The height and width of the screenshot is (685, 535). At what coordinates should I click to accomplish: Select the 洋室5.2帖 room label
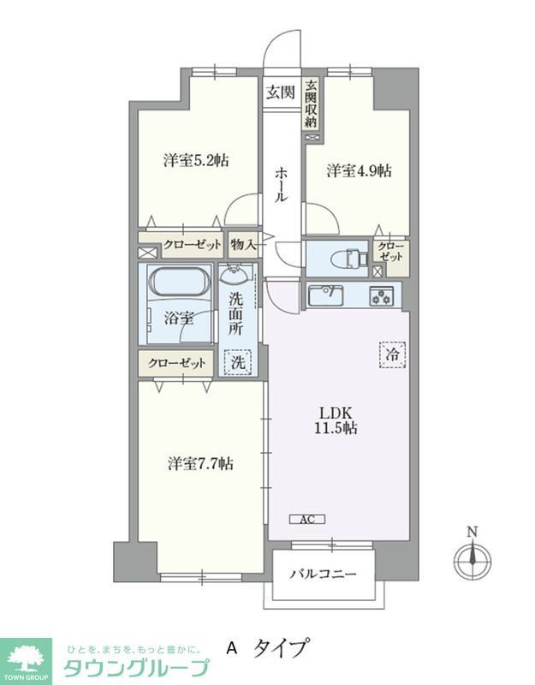coord(196,160)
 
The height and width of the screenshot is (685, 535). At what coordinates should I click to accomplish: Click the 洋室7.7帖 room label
coord(199,463)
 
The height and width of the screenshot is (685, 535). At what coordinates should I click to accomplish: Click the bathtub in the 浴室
coord(179,283)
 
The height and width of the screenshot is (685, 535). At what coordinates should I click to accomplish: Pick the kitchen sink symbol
coord(326,295)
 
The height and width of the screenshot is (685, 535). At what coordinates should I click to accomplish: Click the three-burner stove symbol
coord(379,296)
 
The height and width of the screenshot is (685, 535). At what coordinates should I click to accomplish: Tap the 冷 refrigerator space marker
coord(389,352)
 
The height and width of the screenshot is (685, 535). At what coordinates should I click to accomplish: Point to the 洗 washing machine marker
coord(239,362)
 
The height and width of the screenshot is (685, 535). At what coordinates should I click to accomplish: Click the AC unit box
coord(306,518)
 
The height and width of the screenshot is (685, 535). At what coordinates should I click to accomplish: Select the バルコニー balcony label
coord(322,575)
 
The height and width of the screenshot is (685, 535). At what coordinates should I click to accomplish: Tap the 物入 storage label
coord(243,244)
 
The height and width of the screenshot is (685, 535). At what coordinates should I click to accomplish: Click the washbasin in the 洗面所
coord(236,275)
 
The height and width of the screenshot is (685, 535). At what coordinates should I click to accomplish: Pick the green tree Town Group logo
coord(27,658)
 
